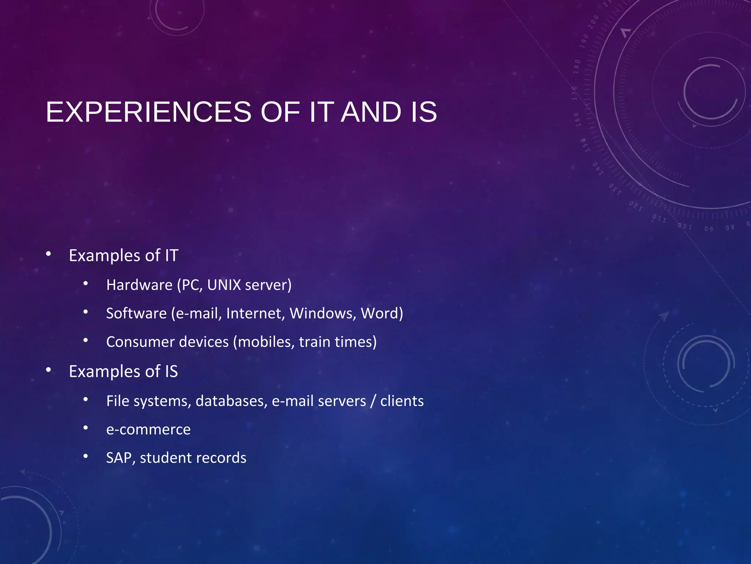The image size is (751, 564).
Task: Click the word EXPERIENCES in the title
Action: [149, 112]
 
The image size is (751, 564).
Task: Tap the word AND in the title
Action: [371, 112]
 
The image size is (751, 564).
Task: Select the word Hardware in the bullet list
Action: [139, 285]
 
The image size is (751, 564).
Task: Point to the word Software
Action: [136, 314]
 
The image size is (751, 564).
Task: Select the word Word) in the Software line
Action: [382, 314]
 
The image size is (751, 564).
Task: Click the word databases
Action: [231, 401]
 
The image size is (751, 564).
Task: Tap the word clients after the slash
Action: [402, 401]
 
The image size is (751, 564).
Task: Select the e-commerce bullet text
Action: [148, 430]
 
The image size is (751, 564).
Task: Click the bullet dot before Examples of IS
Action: [48, 370]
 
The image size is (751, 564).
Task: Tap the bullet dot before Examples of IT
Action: [48, 254]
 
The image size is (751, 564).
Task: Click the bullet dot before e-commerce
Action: [85, 428]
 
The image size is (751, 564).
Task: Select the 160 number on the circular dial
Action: [577, 120]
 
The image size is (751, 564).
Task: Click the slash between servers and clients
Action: [373, 401]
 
